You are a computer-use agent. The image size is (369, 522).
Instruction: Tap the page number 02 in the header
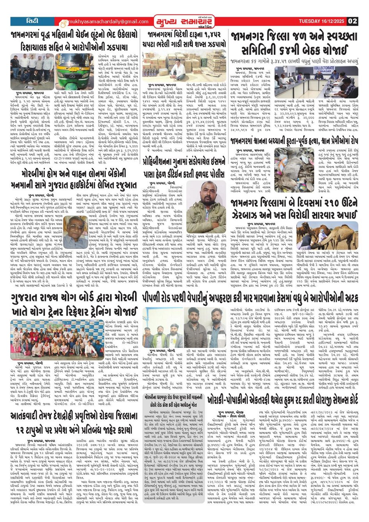point(352,21)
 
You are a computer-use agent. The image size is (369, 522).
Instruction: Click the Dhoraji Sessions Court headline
point(288,401)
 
